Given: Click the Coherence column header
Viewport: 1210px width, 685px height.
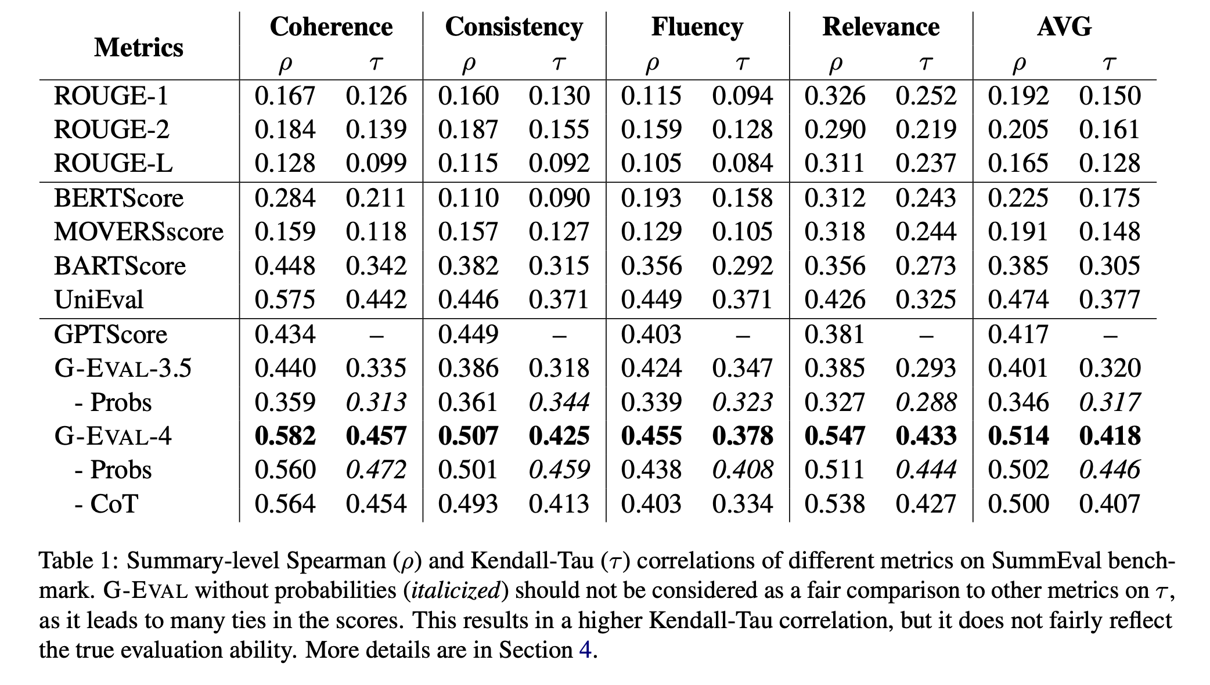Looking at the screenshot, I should pos(331,27).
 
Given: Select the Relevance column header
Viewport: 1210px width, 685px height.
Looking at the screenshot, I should pos(881,27).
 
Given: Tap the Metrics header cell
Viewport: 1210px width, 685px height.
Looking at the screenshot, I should pos(139,47).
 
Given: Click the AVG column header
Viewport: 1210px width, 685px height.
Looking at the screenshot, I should pos(1064,27).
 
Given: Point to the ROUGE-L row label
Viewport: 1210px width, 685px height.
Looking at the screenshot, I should pos(113,163).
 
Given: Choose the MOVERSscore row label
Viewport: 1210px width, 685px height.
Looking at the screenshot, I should pos(139,232).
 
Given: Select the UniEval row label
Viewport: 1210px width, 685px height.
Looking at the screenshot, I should pos(99,300).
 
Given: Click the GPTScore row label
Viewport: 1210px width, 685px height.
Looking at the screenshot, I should pos(110,334).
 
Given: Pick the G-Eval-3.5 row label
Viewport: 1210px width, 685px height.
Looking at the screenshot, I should pos(123,368).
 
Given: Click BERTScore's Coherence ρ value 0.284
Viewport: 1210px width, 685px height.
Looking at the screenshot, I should pos(285,198).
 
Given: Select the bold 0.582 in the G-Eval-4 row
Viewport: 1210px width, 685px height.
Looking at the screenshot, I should pos(285,436).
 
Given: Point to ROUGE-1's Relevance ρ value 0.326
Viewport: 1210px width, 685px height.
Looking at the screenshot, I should pos(834,96).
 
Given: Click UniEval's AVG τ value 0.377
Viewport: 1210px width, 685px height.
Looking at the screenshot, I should pos(1110,300).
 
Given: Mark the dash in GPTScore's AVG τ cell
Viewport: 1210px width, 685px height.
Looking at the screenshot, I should pos(1110,335).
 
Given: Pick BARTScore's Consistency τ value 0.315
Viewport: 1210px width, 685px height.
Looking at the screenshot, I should pos(559,266).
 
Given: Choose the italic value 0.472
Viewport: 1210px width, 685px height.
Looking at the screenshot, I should pos(376,470).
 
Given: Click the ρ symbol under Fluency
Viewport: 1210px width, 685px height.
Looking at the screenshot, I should pos(651,63).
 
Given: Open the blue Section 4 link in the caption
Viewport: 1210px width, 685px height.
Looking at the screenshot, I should pos(585,650).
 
